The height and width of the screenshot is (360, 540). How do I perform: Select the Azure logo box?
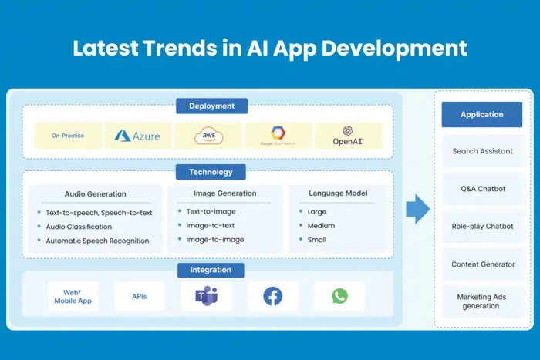click(137, 136)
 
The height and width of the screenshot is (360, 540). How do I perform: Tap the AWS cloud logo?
click(208, 136)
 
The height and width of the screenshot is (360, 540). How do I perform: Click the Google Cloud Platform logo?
click(278, 136)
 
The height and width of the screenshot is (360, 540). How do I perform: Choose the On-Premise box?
click(68, 136)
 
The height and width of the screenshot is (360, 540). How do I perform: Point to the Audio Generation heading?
click(96, 194)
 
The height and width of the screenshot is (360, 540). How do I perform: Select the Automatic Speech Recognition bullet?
click(97, 241)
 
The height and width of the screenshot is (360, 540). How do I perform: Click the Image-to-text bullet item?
click(211, 226)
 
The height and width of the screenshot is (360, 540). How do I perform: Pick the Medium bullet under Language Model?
click(321, 226)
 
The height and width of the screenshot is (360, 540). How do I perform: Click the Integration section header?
click(211, 270)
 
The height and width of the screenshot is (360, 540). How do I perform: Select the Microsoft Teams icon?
click(206, 296)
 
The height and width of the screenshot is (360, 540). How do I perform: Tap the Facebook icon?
click(272, 296)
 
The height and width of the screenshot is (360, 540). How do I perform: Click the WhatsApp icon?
click(339, 296)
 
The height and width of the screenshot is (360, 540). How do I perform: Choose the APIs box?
click(139, 296)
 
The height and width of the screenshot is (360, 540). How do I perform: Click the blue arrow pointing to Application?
click(417, 209)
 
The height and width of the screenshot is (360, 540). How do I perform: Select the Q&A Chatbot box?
click(482, 189)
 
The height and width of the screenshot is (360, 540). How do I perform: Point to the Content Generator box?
click(482, 264)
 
